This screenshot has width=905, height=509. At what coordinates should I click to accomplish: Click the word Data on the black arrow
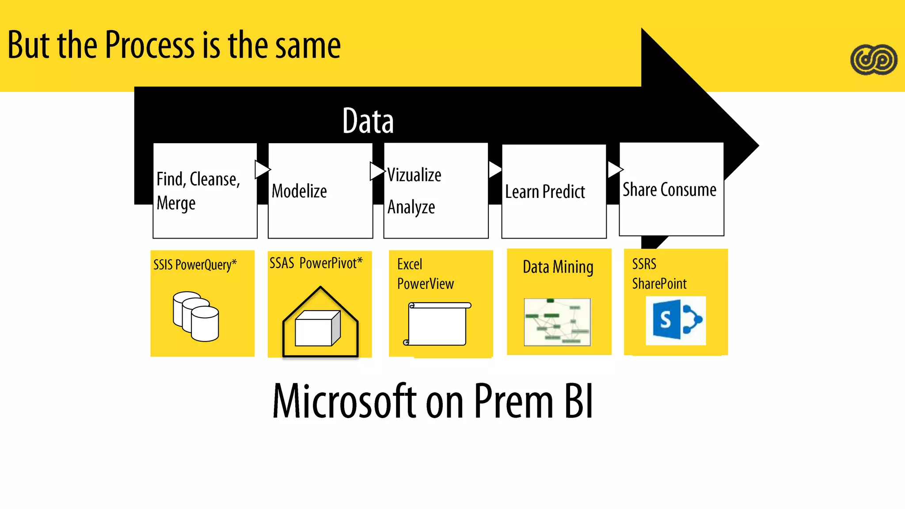coord(368,121)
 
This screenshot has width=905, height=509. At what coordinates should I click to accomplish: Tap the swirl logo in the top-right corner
coord(874,60)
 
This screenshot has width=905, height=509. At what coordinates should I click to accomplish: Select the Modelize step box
coord(320,191)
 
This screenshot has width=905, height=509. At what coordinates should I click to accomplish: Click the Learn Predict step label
coord(545,192)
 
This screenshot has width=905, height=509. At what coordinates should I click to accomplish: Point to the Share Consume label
coord(669,190)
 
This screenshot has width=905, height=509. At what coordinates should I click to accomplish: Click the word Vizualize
coord(414,175)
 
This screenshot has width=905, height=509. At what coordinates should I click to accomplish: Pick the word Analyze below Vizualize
coord(411,207)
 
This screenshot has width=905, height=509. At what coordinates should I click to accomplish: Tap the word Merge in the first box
coord(176,203)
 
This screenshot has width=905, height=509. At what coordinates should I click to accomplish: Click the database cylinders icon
coord(196,316)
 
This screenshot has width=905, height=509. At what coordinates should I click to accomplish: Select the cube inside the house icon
coord(317,328)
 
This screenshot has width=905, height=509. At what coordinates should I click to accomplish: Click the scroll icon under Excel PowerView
coord(437,324)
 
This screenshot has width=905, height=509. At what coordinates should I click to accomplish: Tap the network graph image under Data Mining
coord(557,322)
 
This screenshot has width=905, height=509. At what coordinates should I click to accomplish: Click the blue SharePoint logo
coord(676,320)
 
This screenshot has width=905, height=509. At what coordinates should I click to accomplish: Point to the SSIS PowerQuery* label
coord(195,265)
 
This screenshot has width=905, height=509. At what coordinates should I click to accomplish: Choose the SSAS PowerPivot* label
coord(316,263)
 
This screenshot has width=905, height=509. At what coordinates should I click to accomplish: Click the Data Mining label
coord(558,267)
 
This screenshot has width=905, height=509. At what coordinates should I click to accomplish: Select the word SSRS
coord(644,264)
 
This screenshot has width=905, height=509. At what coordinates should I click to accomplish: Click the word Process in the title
coord(149,45)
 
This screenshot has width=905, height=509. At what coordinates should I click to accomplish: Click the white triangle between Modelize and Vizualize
coord(376,171)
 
